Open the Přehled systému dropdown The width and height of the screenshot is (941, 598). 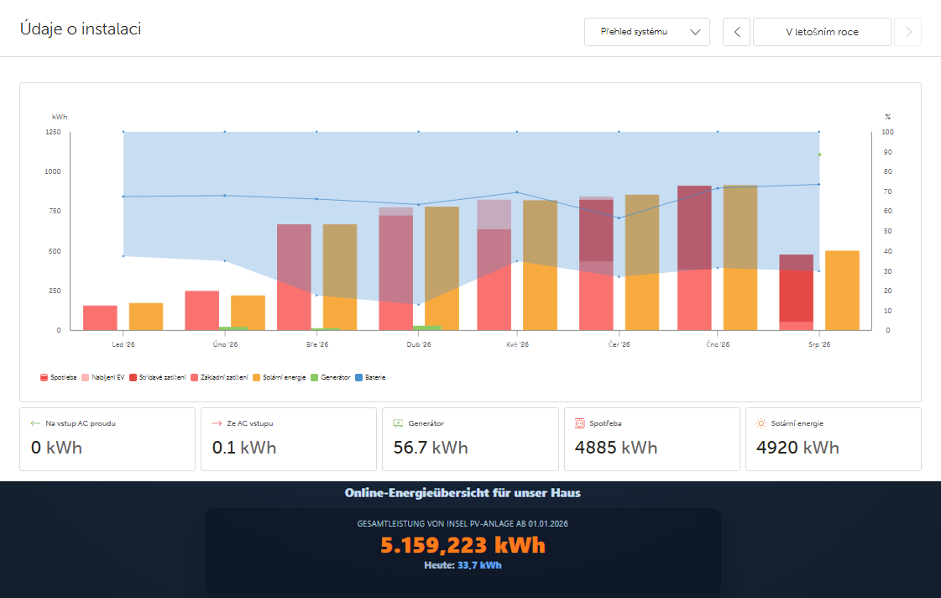(647, 32)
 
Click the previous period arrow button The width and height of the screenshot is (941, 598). (736, 32)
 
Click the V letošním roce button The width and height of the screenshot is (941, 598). (822, 32)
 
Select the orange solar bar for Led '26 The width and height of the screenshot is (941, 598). (146, 317)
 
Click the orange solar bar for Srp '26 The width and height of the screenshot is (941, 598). (842, 291)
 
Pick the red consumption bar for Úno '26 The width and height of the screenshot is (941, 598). (201, 311)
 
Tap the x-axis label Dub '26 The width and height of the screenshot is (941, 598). (419, 344)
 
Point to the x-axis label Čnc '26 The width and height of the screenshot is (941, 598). (718, 344)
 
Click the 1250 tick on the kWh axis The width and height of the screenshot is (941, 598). (53, 132)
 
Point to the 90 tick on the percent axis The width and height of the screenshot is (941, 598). (887, 152)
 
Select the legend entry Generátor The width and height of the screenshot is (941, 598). (331, 378)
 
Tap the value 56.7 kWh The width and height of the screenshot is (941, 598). (431, 448)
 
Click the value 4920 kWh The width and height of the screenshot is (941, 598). (797, 448)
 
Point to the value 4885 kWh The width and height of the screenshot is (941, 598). (616, 448)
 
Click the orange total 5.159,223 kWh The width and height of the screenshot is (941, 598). (463, 545)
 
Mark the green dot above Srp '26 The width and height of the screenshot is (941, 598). (819, 155)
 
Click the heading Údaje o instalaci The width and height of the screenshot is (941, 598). (81, 29)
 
